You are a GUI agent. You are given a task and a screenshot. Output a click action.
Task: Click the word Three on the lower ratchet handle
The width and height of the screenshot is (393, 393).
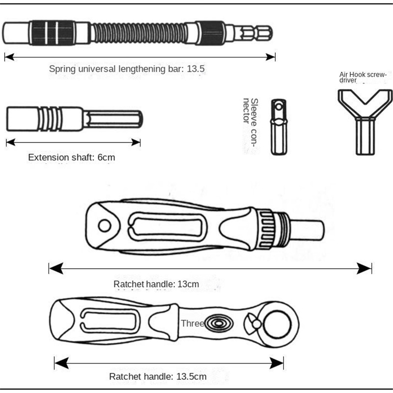click(193, 323)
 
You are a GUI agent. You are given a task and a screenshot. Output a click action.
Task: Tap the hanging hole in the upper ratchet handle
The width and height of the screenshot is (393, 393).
click(105, 225)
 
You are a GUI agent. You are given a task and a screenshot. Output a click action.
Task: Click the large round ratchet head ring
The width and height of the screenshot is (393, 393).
click(278, 324)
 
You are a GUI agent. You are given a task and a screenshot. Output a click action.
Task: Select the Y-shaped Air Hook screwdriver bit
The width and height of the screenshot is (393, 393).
click(365, 122)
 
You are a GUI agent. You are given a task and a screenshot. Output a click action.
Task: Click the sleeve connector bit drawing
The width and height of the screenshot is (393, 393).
click(279, 127)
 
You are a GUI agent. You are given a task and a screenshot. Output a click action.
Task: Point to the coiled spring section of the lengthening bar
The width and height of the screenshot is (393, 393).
click(139, 32)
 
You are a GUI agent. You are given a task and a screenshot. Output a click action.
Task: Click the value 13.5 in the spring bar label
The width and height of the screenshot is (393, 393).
click(196, 69)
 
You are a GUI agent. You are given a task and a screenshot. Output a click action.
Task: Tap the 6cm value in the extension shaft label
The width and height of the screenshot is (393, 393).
click(106, 157)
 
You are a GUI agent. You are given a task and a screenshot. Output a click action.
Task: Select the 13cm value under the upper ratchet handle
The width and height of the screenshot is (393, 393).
click(188, 284)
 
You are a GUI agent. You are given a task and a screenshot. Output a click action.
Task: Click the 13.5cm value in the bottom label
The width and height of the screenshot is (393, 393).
click(192, 376)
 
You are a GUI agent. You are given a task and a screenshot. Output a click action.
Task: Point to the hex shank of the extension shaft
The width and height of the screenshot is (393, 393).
click(113, 119)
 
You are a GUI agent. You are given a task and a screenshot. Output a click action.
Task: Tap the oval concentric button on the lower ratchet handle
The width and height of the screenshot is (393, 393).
click(219, 323)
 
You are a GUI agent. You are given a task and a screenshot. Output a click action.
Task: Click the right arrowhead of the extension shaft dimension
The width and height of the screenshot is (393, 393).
click(136, 142)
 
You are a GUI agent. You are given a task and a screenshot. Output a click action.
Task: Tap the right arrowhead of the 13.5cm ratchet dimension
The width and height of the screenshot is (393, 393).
click(277, 363)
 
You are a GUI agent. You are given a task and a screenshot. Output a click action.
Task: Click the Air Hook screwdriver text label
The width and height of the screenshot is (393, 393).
click(363, 78)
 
